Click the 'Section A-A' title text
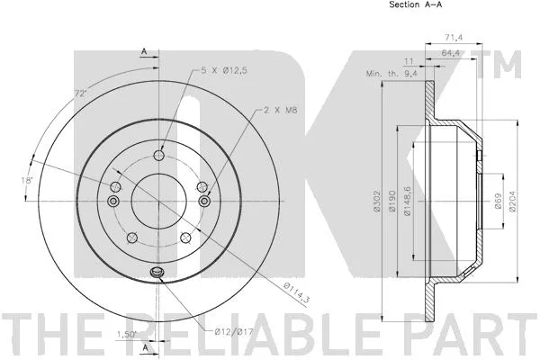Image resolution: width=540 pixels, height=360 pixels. tap(415, 4)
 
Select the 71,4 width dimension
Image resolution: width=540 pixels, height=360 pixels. tap(454, 38)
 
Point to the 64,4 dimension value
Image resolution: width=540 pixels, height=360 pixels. tap(451, 53)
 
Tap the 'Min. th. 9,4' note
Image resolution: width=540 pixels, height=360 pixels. tap(391, 74)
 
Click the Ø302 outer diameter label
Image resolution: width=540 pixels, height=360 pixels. tap(376, 201)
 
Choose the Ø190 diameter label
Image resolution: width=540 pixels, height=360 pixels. tap(391, 201)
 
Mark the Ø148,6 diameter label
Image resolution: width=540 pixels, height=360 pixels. tap(408, 202)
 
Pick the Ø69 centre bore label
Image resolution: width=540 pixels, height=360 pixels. tap(498, 201)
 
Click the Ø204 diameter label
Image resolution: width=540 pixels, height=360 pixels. tap(512, 201)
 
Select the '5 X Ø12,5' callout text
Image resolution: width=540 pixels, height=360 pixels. tap(224, 70)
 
